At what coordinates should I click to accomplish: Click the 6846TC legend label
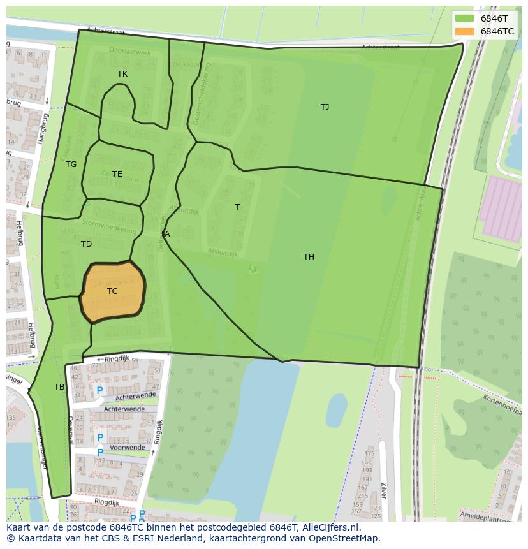497,31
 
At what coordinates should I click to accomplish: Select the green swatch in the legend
464,18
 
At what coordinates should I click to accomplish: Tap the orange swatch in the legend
464,31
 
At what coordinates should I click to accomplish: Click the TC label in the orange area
112,291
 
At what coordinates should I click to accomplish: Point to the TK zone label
122,74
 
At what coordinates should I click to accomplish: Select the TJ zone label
325,107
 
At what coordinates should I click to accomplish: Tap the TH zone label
309,257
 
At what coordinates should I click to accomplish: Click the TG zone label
71,165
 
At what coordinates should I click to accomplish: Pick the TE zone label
117,174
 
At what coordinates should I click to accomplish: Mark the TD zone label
87,244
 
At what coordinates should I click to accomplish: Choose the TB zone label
59,387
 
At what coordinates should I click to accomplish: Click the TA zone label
165,234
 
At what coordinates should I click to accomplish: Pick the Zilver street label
383,490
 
